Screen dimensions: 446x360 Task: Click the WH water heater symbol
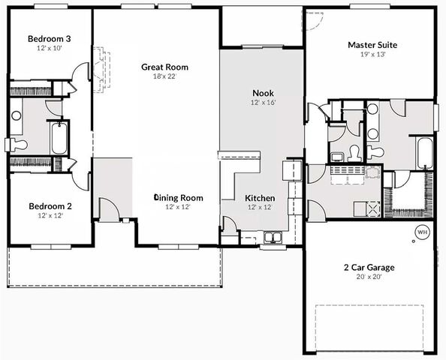422,232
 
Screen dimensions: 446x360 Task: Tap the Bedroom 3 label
50,39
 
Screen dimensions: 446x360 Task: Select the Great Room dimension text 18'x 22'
164,76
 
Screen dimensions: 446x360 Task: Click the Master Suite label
372,45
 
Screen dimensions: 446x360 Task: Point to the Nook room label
263,93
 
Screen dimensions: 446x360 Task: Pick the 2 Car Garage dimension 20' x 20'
369,277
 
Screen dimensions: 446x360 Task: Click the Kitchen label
260,198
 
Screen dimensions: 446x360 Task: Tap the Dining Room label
179,198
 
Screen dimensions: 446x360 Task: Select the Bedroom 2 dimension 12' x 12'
50,215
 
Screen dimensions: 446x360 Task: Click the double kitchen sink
273,237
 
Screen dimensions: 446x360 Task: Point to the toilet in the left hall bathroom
17,145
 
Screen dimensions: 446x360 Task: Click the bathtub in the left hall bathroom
59,138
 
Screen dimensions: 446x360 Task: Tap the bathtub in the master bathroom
425,154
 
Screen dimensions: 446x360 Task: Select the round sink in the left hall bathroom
17,115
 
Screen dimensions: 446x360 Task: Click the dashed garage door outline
369,328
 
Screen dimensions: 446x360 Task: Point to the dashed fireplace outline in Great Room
101,70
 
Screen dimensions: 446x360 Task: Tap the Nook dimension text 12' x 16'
263,103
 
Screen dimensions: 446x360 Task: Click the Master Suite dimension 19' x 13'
373,54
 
